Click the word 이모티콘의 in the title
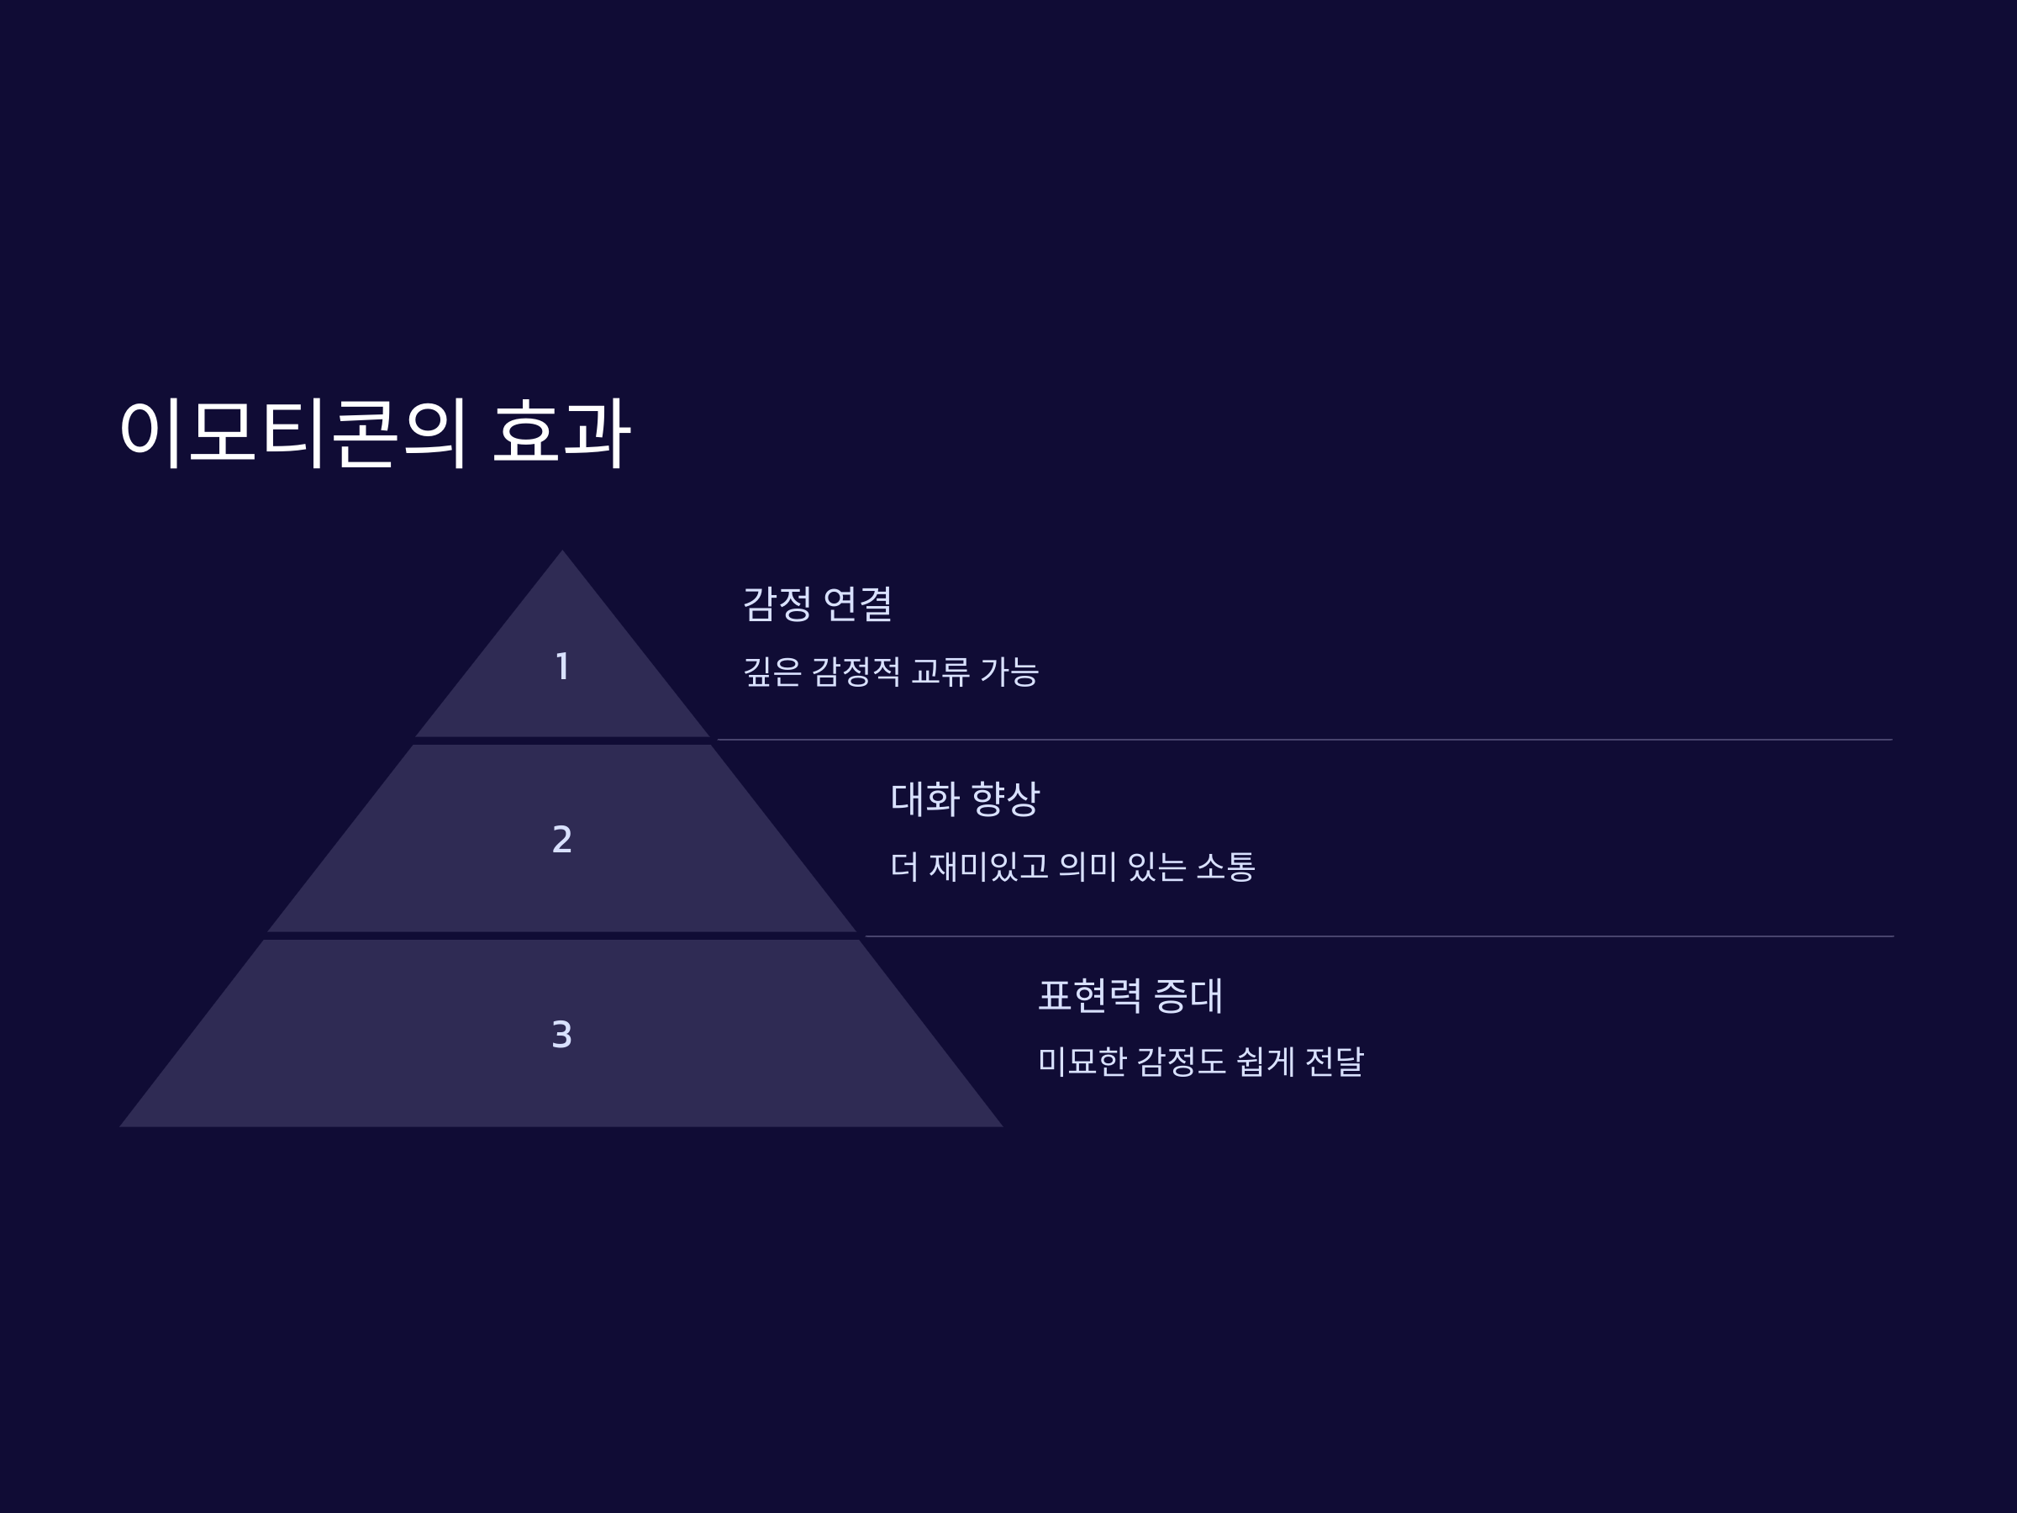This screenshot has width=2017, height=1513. [292, 432]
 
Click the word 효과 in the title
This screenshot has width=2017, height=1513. [561, 432]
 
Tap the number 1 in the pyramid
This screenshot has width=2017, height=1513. [562, 666]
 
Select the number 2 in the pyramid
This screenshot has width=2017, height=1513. [562, 839]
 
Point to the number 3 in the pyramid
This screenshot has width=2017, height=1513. [562, 1034]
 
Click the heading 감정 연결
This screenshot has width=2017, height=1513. [817, 604]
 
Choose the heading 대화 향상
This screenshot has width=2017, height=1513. [965, 799]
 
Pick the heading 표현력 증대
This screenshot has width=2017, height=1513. [1130, 995]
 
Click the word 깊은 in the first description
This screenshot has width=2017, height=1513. [772, 672]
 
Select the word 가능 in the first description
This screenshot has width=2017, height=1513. [1009, 672]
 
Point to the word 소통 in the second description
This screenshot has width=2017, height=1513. [1225, 867]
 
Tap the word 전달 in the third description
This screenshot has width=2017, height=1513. [1334, 1062]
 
